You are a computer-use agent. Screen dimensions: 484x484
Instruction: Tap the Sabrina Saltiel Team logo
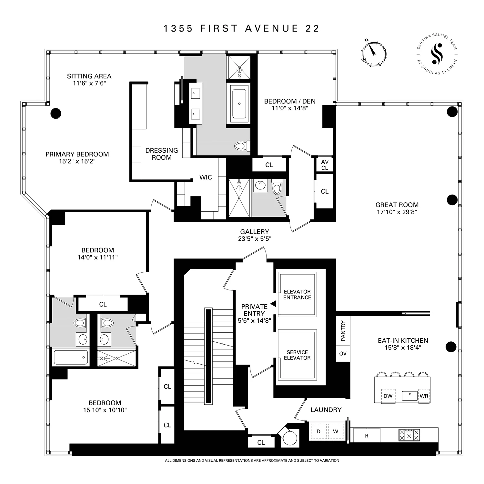click(437, 55)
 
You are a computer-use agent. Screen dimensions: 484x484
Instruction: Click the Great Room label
click(397, 205)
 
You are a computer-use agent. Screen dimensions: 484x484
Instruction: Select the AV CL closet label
click(325, 165)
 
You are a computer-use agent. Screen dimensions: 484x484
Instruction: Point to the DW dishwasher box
click(388, 396)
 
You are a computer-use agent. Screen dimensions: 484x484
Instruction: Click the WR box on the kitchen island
click(424, 396)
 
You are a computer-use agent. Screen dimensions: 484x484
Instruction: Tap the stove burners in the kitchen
click(409, 435)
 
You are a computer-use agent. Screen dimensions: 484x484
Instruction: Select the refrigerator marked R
click(367, 436)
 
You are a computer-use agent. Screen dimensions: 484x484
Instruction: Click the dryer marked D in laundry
click(318, 431)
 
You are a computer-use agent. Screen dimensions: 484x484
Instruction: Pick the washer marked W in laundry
click(336, 431)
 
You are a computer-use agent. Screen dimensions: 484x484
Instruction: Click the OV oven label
click(343, 354)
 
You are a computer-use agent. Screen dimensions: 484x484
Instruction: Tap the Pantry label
click(343, 331)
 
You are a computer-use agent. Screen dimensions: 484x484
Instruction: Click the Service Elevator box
click(297, 355)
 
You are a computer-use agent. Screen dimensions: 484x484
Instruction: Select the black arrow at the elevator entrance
click(273, 304)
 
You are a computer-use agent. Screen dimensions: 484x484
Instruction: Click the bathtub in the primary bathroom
click(239, 104)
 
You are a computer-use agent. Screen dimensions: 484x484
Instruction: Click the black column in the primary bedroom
click(56, 113)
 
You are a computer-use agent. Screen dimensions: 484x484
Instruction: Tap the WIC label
click(206, 177)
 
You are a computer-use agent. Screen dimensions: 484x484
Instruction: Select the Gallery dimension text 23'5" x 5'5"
click(254, 239)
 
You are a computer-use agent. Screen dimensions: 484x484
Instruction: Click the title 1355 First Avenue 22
click(241, 28)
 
